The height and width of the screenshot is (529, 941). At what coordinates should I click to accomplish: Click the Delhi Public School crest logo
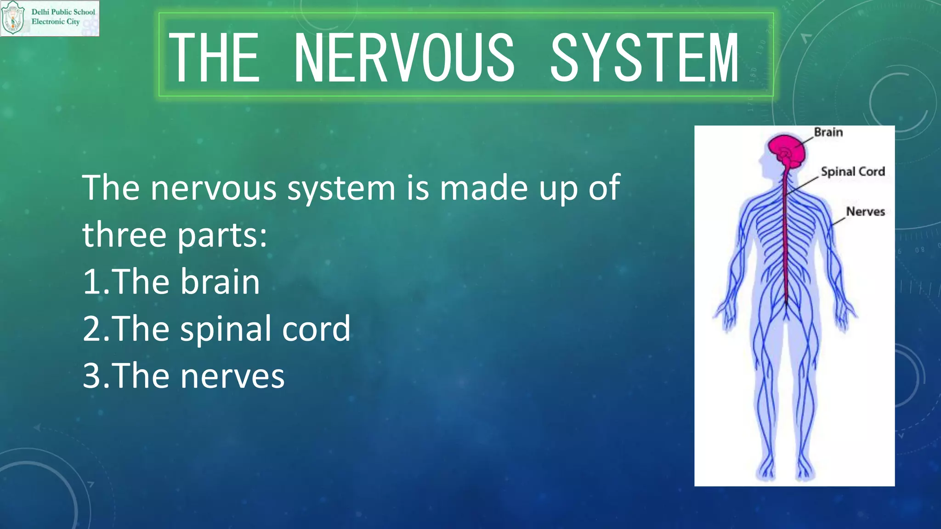coord(13,18)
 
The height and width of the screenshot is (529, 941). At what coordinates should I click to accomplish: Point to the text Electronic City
coord(56,22)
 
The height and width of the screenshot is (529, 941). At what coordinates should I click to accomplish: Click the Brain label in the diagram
coord(828,132)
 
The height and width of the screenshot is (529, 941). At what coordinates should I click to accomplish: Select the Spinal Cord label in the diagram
coord(853,172)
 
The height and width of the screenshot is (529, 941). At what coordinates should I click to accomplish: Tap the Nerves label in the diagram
coord(865,212)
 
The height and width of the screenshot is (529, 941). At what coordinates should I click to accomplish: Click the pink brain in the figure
coord(787,150)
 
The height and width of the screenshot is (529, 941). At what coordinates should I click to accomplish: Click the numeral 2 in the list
coord(91,329)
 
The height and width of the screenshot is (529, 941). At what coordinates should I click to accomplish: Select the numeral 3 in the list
coord(91,376)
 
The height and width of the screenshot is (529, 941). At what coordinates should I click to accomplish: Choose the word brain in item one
coord(220,282)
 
